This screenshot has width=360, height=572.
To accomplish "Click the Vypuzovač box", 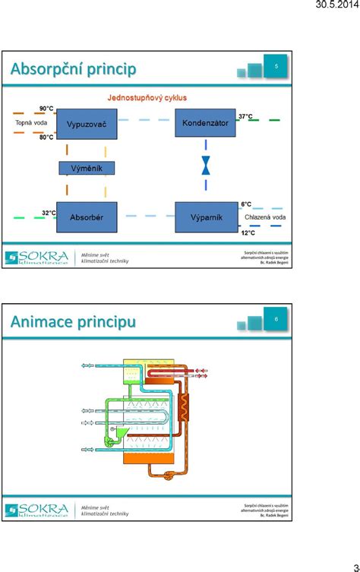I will tap(87, 123).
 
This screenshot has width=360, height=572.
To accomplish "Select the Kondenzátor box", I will tap(205, 122).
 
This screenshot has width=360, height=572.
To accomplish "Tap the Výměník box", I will tap(87, 168).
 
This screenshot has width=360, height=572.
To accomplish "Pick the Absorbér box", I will tap(87, 217).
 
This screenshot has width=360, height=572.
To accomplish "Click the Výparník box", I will tap(206, 217).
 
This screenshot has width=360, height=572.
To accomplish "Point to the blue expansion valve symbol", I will tap(205, 166).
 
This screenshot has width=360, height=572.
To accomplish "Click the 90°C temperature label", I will tap(46, 109).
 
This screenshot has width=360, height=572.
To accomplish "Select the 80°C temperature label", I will tap(46, 137).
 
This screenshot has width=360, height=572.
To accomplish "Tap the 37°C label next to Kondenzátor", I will tap(246, 116).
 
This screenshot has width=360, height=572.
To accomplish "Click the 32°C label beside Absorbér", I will tap(49, 213).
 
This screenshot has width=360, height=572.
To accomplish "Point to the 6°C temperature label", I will tap(246, 204).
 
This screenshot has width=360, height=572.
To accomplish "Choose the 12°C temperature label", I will tap(248, 232).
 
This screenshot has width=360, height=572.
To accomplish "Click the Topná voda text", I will tap(31, 122).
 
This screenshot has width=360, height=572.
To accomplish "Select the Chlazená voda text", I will tap(265, 217).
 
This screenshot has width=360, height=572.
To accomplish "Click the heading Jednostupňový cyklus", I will tap(147, 98).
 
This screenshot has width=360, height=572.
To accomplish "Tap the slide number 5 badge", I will tap(276, 67).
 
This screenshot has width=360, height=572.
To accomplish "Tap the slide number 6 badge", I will tap(276, 320).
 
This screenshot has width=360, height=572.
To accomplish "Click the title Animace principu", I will tap(73, 321).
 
